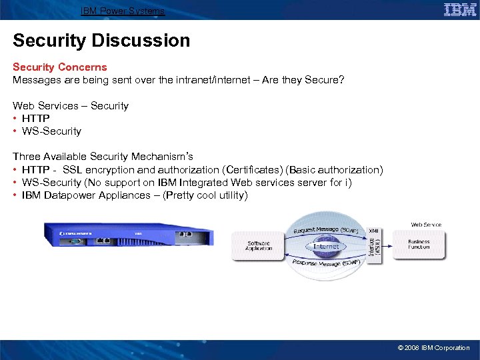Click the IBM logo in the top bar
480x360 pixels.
(x=460, y=9)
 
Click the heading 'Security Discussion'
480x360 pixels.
(x=101, y=41)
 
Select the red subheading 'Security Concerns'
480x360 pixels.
(x=60, y=67)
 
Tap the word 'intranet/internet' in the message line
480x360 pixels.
(x=212, y=80)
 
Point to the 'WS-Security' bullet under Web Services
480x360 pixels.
(x=51, y=131)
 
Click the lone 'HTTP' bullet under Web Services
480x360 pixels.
(x=35, y=119)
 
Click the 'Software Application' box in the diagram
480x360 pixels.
(x=259, y=245)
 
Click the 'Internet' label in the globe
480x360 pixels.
(x=326, y=246)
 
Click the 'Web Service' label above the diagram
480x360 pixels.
(x=426, y=225)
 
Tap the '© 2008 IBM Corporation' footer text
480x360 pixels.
(x=433, y=348)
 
